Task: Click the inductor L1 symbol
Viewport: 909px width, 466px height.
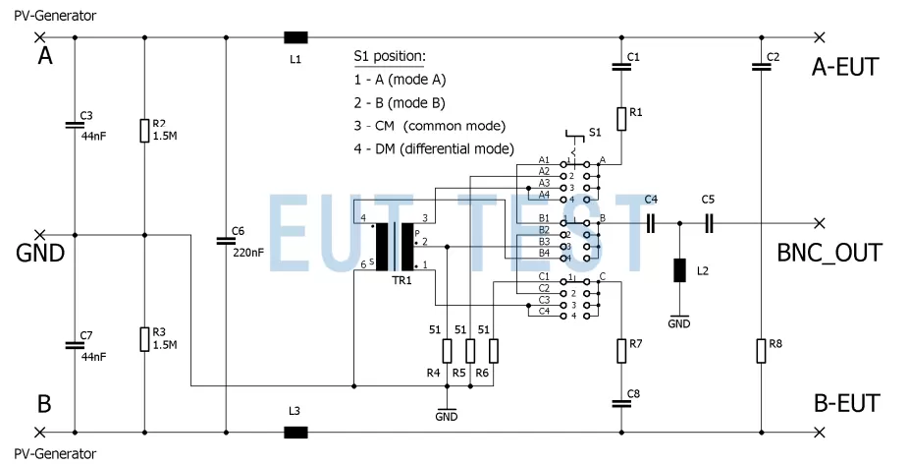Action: [x=295, y=37]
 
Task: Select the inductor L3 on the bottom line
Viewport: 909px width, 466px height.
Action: [x=295, y=432]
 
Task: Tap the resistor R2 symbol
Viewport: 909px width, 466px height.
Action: [x=144, y=131]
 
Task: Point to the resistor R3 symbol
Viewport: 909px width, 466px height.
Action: [x=144, y=339]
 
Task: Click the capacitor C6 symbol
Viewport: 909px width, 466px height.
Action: [x=227, y=240]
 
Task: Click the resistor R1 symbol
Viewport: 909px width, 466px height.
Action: [x=621, y=119]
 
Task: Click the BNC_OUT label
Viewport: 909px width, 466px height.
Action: [x=829, y=252]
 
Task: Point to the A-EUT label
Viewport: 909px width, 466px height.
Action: [x=845, y=67]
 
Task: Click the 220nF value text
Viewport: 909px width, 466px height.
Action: [x=248, y=252]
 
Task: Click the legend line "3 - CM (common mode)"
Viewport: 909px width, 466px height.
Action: [x=429, y=126]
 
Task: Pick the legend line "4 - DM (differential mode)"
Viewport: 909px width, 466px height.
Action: [x=434, y=149]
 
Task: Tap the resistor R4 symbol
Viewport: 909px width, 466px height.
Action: [x=447, y=351]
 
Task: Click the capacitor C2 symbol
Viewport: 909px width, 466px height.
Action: [x=761, y=67]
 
